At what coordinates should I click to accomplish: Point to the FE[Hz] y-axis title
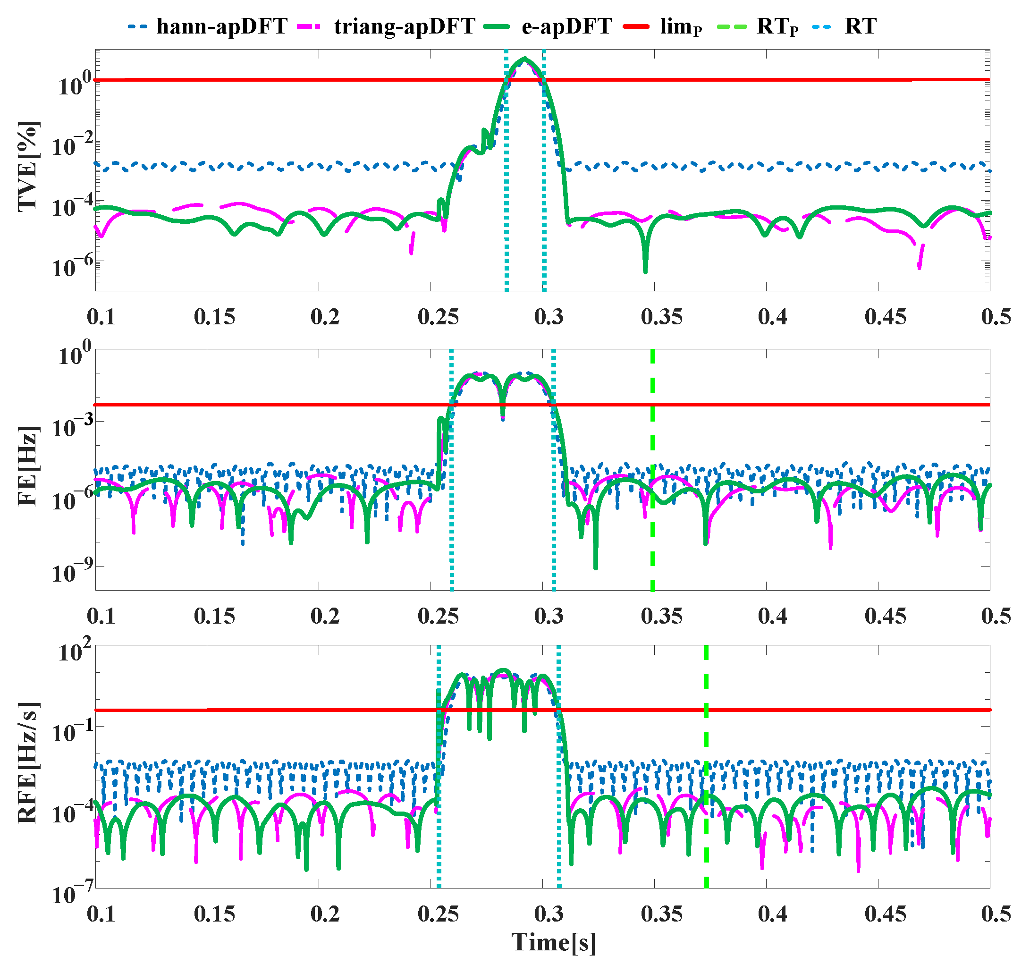tap(28, 466)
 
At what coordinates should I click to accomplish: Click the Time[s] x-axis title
tap(553, 942)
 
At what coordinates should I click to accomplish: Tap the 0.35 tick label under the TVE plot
tap(661, 317)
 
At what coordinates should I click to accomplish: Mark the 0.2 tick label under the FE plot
tap(325, 616)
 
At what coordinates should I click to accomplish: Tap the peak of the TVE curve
tap(525, 59)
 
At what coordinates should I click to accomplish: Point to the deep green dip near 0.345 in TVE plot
tap(645, 270)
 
